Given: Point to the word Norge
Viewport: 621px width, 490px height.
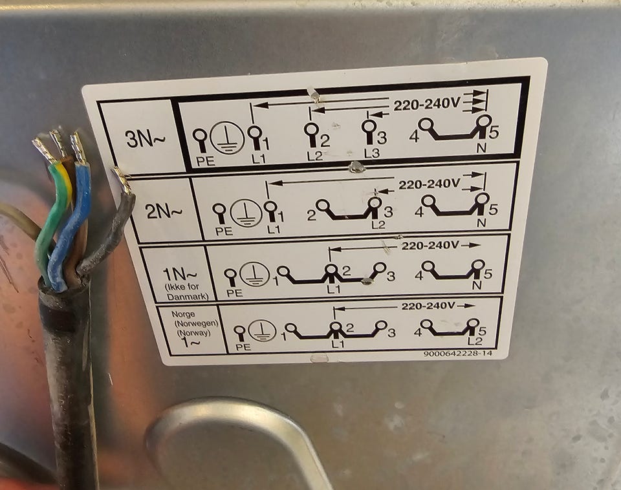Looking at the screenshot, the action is [183, 314].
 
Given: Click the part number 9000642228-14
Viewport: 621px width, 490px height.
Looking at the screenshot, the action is [458, 353].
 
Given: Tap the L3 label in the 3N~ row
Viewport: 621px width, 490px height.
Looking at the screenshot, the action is [371, 153].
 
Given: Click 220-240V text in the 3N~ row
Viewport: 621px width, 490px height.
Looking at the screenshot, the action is [427, 105].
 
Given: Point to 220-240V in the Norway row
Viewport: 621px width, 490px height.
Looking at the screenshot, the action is [428, 306].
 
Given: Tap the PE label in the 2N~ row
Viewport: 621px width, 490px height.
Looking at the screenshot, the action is [224, 231].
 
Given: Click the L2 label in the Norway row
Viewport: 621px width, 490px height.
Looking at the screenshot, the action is [475, 341].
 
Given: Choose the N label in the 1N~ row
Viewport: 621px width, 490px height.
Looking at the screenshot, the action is [477, 284].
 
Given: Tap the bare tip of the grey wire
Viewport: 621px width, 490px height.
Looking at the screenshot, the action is [122, 180].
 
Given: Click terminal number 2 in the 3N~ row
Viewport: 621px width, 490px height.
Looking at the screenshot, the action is [325, 140].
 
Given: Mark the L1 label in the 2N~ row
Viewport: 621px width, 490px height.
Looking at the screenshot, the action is [273, 229].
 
